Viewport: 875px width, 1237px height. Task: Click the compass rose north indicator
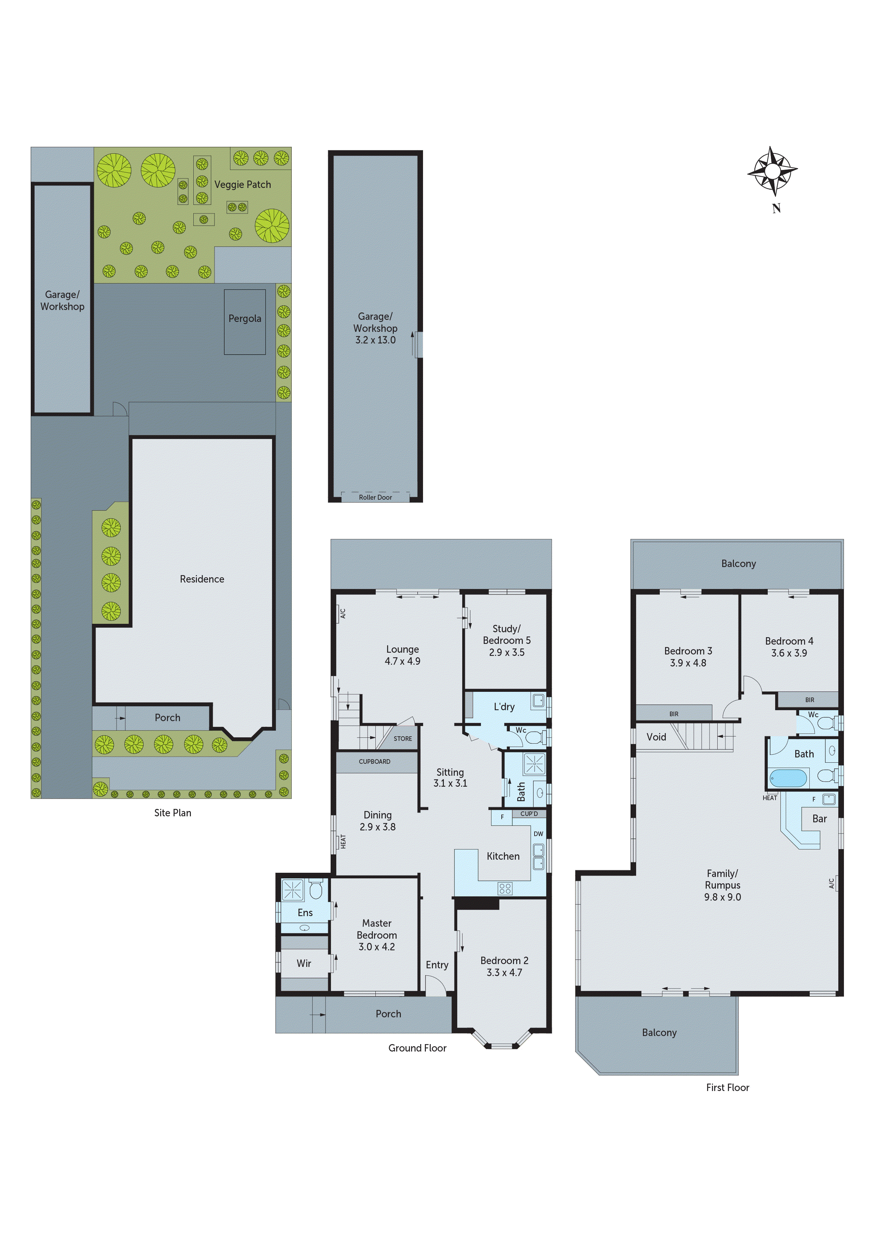773,172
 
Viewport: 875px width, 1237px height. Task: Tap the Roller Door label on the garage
375,497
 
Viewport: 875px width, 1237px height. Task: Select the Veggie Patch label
243,184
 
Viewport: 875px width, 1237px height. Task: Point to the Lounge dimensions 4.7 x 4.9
402,661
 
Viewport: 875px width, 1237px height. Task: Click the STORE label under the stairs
402,739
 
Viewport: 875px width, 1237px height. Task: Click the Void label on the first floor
656,737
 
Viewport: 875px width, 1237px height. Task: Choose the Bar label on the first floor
820,818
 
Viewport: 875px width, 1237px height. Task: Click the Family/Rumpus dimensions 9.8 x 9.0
723,897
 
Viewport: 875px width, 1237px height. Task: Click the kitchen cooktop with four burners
505,888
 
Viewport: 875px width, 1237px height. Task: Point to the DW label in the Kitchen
538,834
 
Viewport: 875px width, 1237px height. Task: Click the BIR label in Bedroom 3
674,714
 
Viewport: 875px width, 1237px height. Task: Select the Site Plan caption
173,813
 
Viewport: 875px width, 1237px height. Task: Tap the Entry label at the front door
437,965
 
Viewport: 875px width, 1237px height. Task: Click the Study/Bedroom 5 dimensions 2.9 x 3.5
506,652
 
